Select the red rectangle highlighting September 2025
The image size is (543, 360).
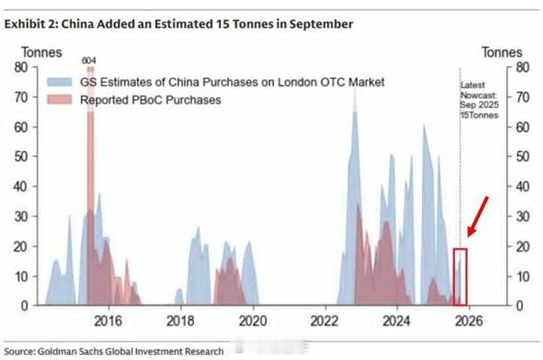click(x=460, y=276)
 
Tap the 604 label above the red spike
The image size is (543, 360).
click(x=89, y=60)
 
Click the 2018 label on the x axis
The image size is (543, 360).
click(x=180, y=320)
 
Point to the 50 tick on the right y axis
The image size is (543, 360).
click(x=523, y=157)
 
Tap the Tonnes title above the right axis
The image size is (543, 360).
click(x=502, y=52)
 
